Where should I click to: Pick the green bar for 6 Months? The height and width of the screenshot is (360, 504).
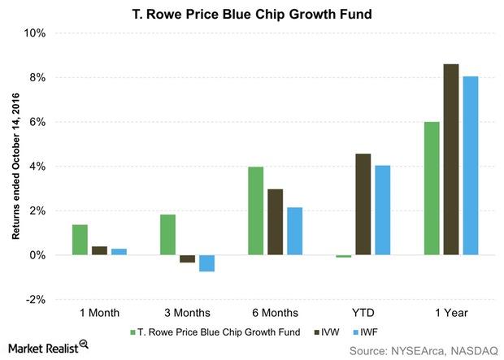click(x=255, y=210)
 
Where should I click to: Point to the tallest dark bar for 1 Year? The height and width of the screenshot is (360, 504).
click(x=450, y=159)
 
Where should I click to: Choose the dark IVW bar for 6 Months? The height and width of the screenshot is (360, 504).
click(x=275, y=222)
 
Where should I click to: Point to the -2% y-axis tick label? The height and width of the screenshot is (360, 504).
click(x=34, y=300)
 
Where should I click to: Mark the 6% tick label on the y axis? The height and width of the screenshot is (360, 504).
click(x=37, y=122)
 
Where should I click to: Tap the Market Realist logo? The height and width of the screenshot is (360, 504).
click(x=45, y=348)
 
